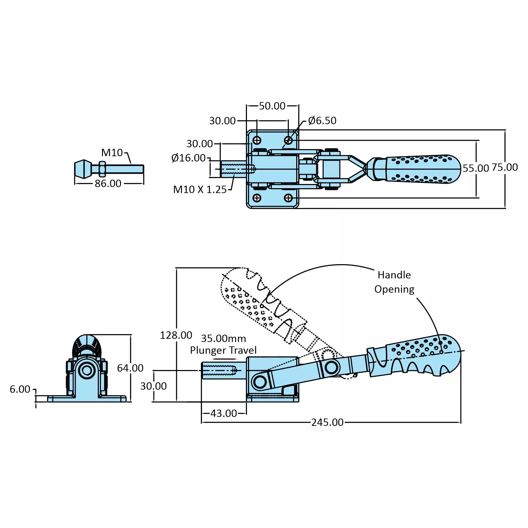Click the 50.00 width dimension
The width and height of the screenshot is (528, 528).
pyautogui.click(x=272, y=106)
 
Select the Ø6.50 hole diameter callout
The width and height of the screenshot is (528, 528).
pyautogui.click(x=322, y=121)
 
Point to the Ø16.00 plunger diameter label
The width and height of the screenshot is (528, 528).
pyautogui.click(x=188, y=158)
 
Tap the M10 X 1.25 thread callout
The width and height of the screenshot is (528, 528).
pyautogui.click(x=200, y=190)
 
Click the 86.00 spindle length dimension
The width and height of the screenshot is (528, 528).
pyautogui.click(x=108, y=184)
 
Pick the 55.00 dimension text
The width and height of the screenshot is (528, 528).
pyautogui.click(x=476, y=168)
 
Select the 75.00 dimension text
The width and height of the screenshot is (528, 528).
pyautogui.click(x=504, y=167)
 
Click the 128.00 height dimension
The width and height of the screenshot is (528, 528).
pyautogui.click(x=176, y=335)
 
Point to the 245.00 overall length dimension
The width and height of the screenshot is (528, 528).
pyautogui.click(x=327, y=422)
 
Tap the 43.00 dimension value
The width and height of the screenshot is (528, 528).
pyautogui.click(x=224, y=413)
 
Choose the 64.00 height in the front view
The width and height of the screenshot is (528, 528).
pyautogui.click(x=130, y=368)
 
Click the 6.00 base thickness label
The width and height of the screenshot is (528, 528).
pyautogui.click(x=20, y=389)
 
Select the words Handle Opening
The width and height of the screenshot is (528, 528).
pyautogui.click(x=394, y=282)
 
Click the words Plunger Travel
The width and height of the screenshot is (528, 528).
pyautogui.click(x=223, y=350)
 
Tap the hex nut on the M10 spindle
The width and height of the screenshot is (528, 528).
pyautogui.click(x=102, y=169)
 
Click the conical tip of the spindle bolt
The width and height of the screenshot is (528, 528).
pyautogui.click(x=83, y=169)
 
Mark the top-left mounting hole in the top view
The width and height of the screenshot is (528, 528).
pyautogui.click(x=257, y=140)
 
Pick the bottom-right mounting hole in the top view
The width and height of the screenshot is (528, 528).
pyautogui.click(x=288, y=198)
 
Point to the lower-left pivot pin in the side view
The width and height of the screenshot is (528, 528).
pyautogui.click(x=260, y=382)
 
